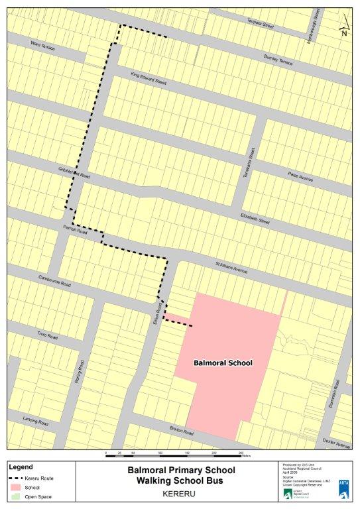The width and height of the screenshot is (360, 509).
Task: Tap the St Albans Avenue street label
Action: tap(231, 268)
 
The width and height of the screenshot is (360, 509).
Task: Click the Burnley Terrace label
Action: tap(278, 60)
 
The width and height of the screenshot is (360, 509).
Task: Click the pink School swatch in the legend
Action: tap(13, 487)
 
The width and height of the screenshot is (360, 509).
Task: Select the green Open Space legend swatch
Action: tap(13, 496)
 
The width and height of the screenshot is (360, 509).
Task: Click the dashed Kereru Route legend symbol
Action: tap(13, 478)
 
